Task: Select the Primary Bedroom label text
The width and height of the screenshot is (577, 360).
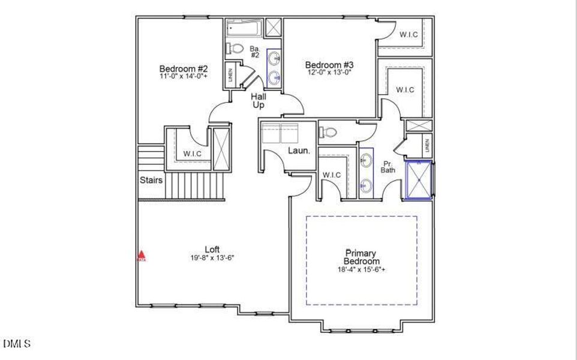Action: (361, 257)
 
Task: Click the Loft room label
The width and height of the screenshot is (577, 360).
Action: (212, 249)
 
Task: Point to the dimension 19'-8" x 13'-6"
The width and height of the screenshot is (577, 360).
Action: (212, 257)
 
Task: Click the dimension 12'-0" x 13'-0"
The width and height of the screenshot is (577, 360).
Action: (329, 73)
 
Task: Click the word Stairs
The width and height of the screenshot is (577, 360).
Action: (151, 180)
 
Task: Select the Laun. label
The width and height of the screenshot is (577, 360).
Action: (298, 151)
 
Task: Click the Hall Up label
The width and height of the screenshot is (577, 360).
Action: (259, 100)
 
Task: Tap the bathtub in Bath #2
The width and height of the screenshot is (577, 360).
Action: (244, 28)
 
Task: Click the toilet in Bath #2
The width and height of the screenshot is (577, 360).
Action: (236, 49)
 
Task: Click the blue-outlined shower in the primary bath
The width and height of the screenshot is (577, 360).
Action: (419, 179)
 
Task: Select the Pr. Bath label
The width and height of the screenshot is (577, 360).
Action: (387, 167)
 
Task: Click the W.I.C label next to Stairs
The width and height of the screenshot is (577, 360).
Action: (193, 154)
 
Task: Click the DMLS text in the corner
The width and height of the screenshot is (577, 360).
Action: (16, 344)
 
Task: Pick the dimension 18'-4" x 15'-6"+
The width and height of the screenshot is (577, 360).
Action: (361, 270)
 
